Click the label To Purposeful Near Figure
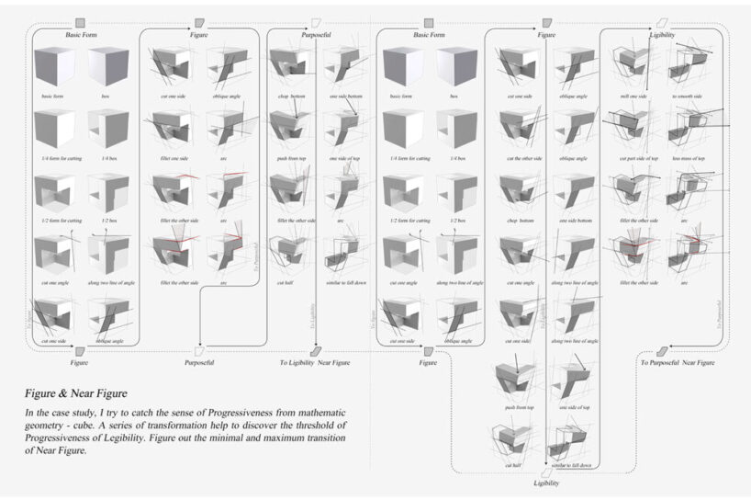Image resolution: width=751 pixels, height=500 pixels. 678,363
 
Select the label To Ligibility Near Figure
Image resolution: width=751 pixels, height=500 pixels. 315,363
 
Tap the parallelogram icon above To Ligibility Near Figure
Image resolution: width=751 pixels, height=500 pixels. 315,350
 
